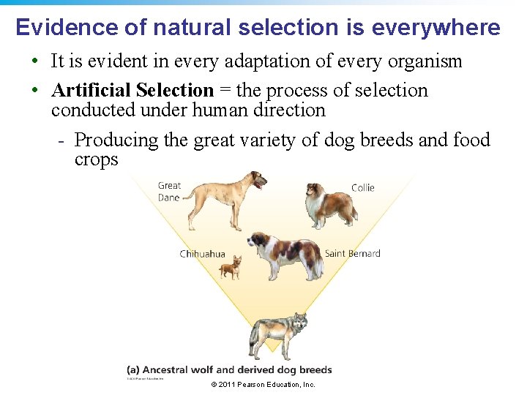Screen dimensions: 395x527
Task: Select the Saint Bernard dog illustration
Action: [285, 255]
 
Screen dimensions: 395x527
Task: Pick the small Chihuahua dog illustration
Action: [231, 268]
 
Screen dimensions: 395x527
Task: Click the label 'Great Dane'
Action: [169, 192]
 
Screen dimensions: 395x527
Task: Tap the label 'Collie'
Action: [363, 188]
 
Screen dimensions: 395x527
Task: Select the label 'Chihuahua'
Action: [203, 254]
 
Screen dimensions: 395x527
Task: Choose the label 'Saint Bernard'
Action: [352, 254]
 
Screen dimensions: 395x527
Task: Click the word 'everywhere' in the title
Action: [436, 28]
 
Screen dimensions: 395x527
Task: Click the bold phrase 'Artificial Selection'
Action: [132, 91]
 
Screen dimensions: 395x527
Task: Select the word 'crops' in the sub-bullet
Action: [96, 159]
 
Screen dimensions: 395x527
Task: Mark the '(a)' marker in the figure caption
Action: [135, 370]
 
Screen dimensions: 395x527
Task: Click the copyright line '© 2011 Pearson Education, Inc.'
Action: [263, 385]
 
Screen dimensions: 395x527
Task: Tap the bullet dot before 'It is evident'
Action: [35, 61]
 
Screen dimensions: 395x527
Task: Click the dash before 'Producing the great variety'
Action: [63, 140]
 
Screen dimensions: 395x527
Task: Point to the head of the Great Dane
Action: [258, 178]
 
